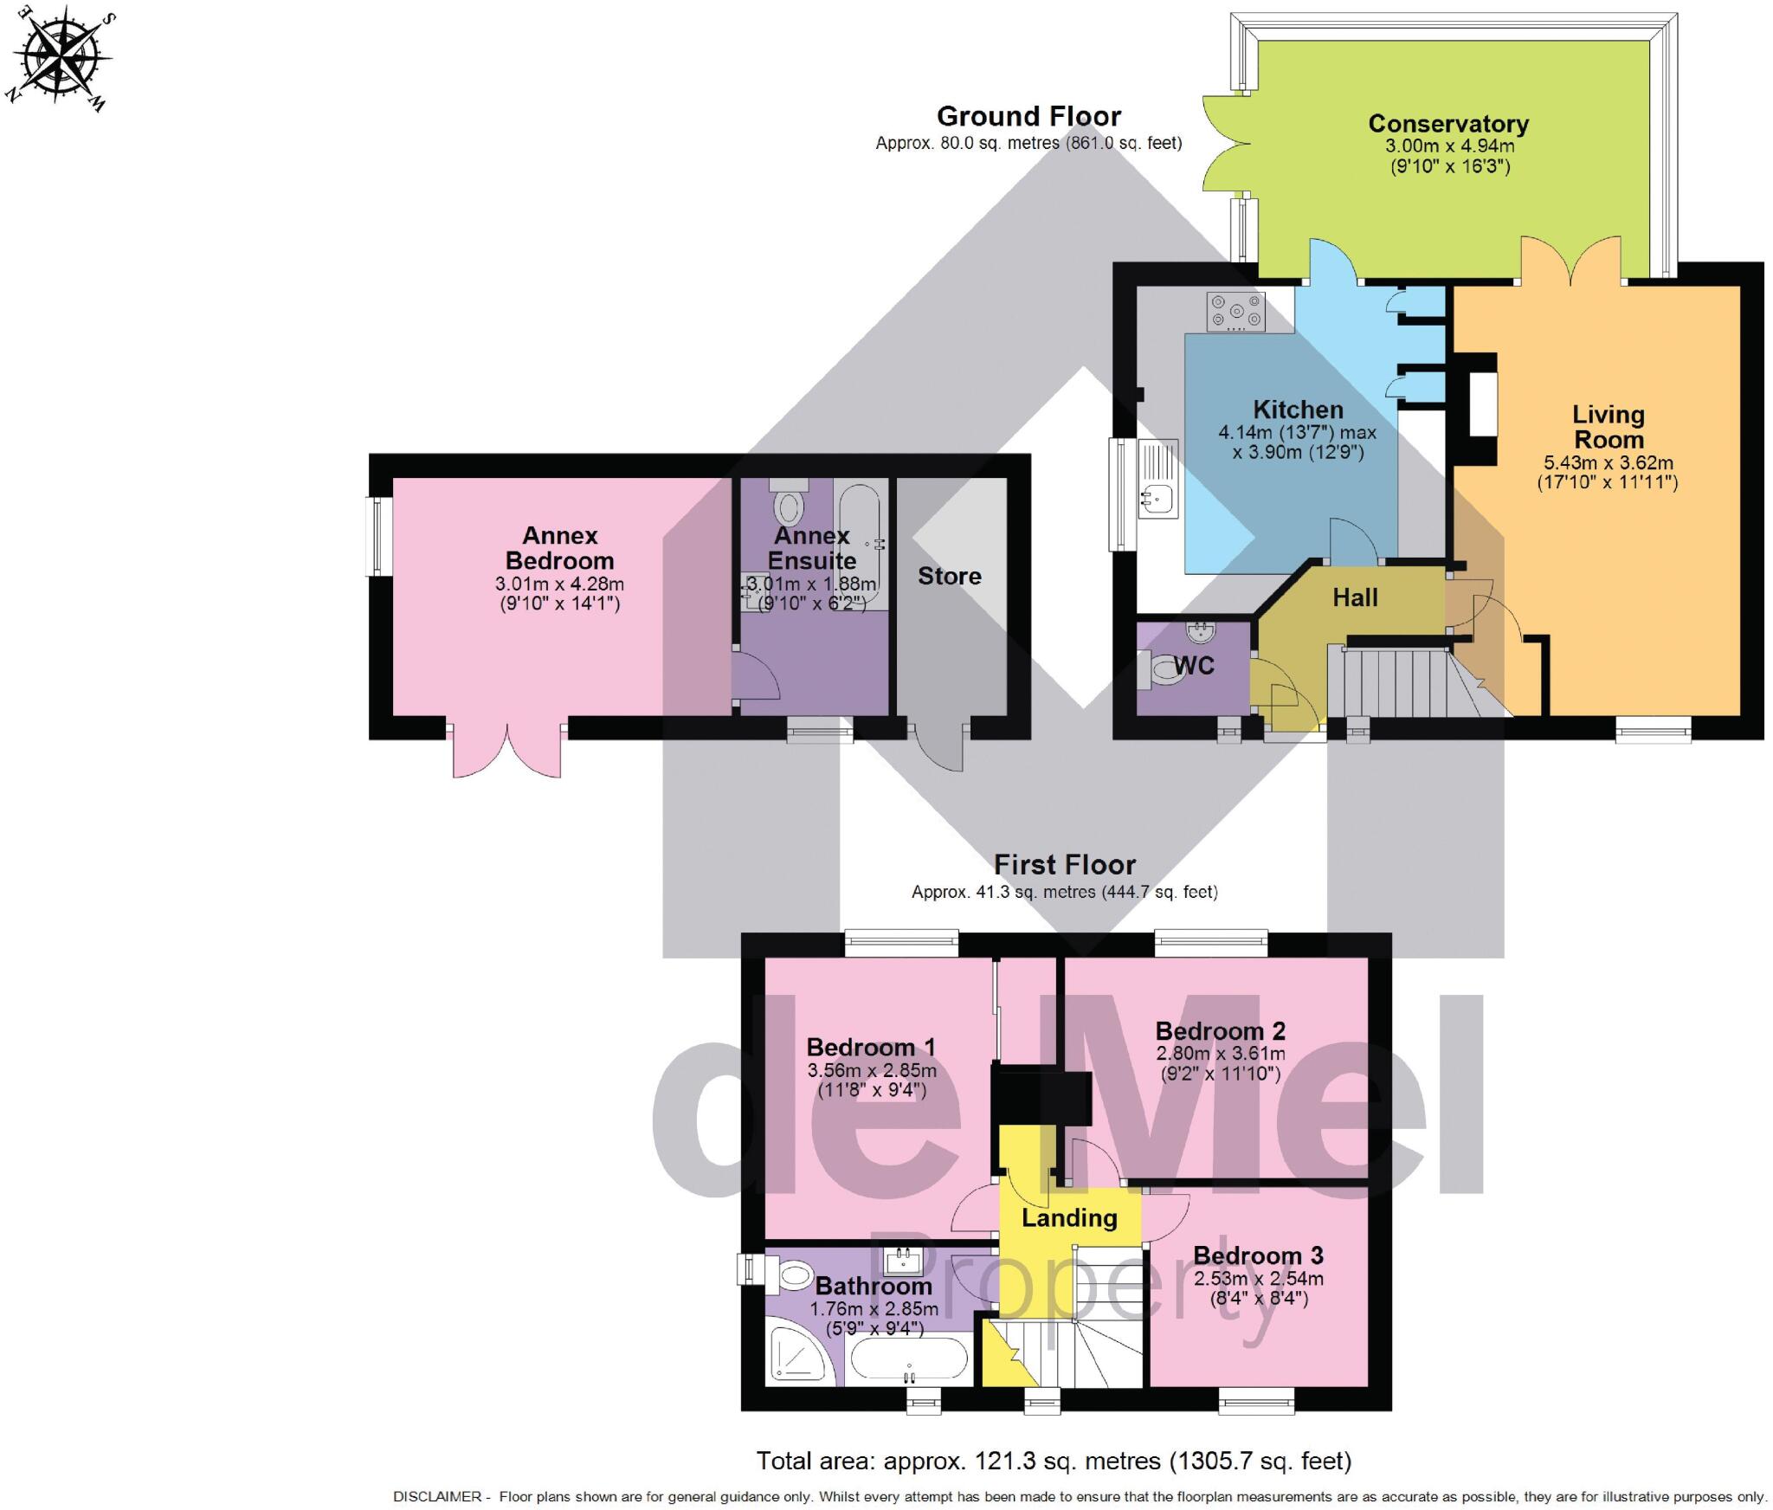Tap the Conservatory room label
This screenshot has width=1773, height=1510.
[x=1448, y=124]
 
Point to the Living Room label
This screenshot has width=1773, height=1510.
[x=1608, y=427]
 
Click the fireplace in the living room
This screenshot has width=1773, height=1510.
[x=1477, y=404]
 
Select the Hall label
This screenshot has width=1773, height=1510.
[x=1355, y=597]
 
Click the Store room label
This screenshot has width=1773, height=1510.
[x=950, y=576]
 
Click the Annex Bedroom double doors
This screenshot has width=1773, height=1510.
[x=507, y=746]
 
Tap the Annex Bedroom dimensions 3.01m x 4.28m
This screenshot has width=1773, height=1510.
[x=559, y=584]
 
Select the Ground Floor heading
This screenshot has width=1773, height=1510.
[x=1028, y=116]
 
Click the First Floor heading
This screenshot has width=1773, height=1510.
[x=1064, y=864]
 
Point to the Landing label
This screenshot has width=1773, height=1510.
[x=1069, y=1218]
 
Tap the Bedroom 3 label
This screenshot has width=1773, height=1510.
[x=1259, y=1255]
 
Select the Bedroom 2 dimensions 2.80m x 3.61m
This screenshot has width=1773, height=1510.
[x=1221, y=1054]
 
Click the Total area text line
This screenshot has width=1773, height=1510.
[x=1054, y=1461]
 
